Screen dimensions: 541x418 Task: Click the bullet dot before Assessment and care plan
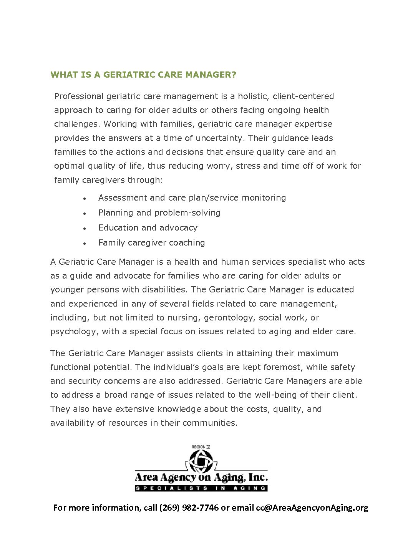(85, 199)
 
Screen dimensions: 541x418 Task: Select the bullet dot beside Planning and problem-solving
(85, 214)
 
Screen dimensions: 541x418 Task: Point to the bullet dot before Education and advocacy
(85, 229)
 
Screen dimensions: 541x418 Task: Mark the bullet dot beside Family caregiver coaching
(85, 244)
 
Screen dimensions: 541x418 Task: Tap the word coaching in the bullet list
(187, 243)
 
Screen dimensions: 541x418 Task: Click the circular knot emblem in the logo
(201, 461)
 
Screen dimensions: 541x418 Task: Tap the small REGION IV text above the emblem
(201, 446)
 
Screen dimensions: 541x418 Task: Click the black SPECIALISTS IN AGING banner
(201, 488)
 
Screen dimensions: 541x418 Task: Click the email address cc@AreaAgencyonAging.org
(312, 508)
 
